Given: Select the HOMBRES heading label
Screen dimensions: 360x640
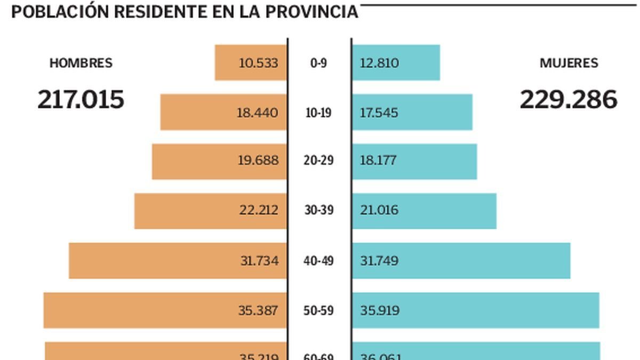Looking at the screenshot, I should [81, 63].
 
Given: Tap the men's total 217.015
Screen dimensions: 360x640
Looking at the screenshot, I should [81, 100].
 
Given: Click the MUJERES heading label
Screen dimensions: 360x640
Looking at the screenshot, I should [569, 63].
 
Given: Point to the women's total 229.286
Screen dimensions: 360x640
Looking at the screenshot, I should [569, 100].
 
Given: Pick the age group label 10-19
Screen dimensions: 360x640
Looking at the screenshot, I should [318, 113].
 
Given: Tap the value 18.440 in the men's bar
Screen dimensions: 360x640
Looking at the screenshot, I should [258, 113].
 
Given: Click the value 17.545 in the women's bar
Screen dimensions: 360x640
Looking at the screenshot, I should [379, 113].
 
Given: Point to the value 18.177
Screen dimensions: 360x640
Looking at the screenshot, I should [378, 161].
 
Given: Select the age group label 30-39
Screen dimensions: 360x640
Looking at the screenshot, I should [319, 210].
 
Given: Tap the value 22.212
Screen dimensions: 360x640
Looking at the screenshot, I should [259, 210].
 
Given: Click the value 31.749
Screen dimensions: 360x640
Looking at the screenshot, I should [379, 261].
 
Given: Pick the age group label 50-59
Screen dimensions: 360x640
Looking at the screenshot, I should [319, 310].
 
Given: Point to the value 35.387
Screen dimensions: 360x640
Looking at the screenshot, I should [258, 310].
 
